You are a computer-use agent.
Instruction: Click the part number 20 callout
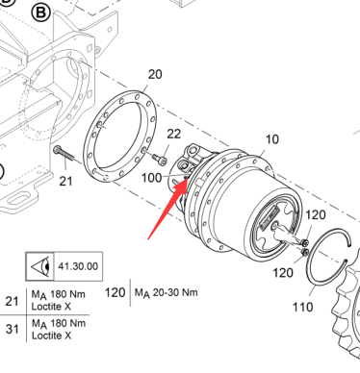[x=155, y=74]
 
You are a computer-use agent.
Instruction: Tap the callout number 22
[x=174, y=134]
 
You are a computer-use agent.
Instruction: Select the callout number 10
[x=272, y=139]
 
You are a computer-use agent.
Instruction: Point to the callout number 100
[x=152, y=178]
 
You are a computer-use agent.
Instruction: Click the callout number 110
[x=303, y=307]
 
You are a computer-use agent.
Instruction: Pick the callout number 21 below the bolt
[x=65, y=182]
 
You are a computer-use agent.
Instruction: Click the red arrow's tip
[x=187, y=179]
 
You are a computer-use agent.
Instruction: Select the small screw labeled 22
[x=160, y=160]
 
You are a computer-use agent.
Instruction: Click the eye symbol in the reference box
[x=41, y=266]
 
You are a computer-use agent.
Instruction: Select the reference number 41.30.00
[x=78, y=266]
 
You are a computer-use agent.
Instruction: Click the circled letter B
[x=41, y=12]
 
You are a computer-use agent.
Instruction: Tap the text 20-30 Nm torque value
[x=175, y=292]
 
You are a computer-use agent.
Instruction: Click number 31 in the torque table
[x=13, y=329]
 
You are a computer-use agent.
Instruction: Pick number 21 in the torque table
[x=13, y=301]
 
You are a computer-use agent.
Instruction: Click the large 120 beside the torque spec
[x=116, y=292]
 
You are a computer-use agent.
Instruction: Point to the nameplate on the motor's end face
[x=269, y=217]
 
